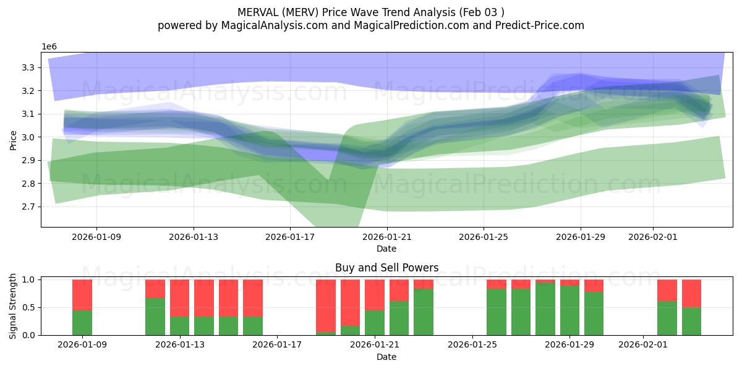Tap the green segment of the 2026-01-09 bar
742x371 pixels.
tap(82, 322)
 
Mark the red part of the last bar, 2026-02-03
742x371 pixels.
tap(691, 293)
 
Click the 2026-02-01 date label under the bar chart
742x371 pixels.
tap(644, 345)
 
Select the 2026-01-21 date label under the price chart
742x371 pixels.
tap(387, 236)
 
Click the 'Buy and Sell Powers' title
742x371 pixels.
tap(387, 268)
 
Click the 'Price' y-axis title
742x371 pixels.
tap(14, 140)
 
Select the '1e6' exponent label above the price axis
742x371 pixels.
tap(49, 47)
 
